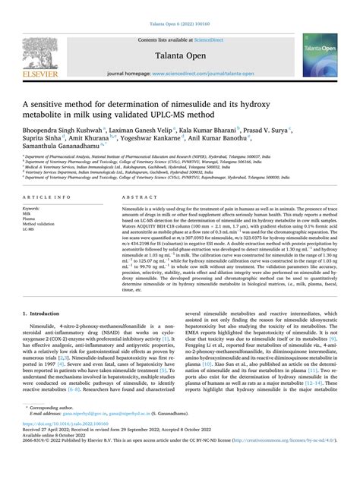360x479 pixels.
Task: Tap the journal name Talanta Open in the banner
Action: (x=179, y=55)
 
